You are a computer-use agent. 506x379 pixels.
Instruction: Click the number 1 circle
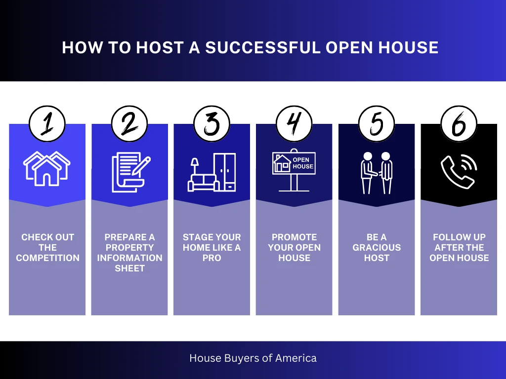point(47,124)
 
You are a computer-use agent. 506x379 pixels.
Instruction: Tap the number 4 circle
point(294,124)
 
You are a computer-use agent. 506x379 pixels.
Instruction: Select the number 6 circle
point(459,124)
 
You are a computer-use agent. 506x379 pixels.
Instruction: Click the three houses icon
point(47,168)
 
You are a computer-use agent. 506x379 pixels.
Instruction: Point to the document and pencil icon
point(129,172)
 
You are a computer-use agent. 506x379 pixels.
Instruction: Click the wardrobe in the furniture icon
point(225,172)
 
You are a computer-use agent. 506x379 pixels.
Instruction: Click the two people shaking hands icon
point(376,172)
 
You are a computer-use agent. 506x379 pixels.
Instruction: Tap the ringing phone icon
point(458,172)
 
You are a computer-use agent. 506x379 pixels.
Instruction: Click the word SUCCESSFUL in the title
point(262,47)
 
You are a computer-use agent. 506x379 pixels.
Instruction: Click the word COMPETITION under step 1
point(47,258)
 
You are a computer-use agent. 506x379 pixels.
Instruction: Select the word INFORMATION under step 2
point(129,258)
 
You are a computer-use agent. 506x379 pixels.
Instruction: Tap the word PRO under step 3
point(211,258)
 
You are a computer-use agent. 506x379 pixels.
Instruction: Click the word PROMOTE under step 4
point(294,237)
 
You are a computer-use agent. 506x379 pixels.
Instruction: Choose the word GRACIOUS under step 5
point(377,248)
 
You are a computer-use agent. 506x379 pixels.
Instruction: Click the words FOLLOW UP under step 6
point(459,237)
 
